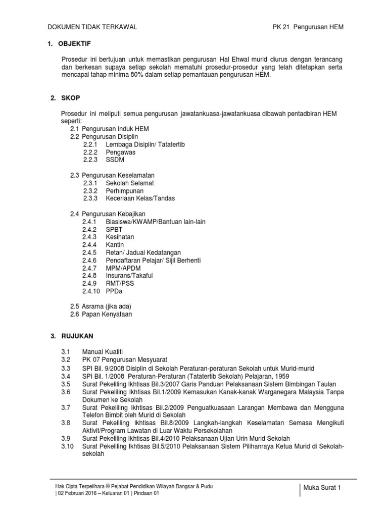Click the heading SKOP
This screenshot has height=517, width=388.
(x=72, y=98)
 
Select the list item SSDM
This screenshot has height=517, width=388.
(x=115, y=160)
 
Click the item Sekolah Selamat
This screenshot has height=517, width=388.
(x=130, y=183)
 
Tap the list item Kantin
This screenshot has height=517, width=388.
(x=115, y=245)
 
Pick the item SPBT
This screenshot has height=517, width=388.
(x=114, y=229)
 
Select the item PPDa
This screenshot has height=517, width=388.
(x=114, y=291)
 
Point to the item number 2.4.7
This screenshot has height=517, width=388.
(x=90, y=268)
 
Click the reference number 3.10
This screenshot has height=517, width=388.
(x=67, y=446)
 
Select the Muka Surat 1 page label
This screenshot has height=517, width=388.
(x=322, y=488)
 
